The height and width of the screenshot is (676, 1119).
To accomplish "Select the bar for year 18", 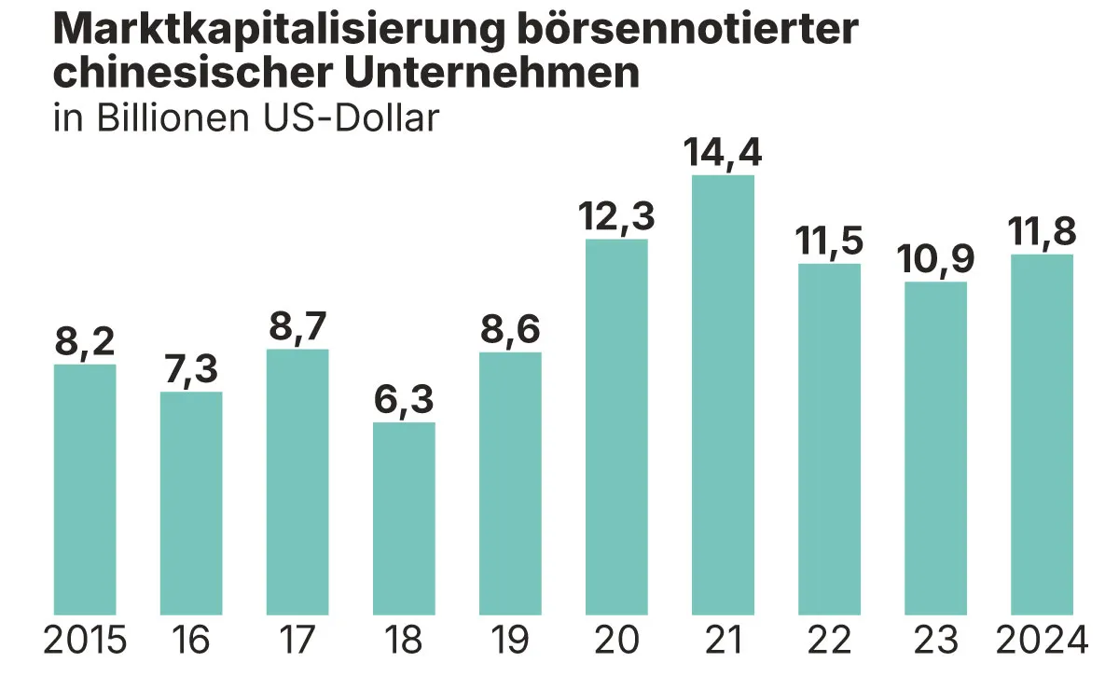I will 404,518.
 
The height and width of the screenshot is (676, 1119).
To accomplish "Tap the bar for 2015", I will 85,489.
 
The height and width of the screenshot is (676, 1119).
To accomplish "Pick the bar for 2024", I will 1042,435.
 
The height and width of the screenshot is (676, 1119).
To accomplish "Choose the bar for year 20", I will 616,427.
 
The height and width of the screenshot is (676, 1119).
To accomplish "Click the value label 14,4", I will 723,153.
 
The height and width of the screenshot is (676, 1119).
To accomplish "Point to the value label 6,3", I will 404,402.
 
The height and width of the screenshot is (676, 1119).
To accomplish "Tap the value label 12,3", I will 616,217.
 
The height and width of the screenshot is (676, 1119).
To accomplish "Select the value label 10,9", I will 935,260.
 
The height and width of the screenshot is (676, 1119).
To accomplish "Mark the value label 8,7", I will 297,328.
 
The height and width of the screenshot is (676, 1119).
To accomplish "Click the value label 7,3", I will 191,371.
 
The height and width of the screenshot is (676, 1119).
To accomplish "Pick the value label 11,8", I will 1042,233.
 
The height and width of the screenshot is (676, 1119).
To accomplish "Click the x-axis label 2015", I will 85,641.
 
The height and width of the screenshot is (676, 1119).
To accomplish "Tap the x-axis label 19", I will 510,641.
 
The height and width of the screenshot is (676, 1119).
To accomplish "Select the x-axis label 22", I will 829,641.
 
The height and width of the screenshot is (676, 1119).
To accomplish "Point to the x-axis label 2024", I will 1042,641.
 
